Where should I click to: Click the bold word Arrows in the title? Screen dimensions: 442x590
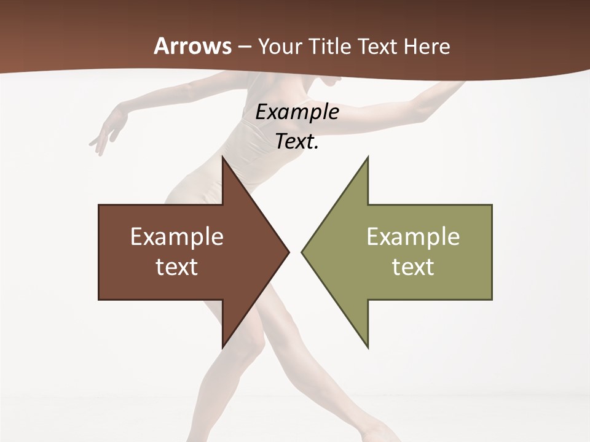193,46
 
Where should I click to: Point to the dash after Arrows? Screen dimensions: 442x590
244,47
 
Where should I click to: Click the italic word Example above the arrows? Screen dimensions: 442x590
297,112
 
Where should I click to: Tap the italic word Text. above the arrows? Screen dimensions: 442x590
297,141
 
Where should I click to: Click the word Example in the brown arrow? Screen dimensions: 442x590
177,236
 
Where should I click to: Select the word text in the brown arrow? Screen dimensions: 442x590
177,267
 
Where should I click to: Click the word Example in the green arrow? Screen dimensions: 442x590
413,236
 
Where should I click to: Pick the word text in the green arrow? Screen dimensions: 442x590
413,267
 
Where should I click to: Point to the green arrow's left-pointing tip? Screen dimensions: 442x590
302,252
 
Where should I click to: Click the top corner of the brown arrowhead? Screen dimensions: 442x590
223,158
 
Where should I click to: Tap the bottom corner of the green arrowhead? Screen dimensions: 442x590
368,347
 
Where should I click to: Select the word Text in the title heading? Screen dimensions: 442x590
379,46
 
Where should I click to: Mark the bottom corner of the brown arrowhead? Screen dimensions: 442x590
223,347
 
